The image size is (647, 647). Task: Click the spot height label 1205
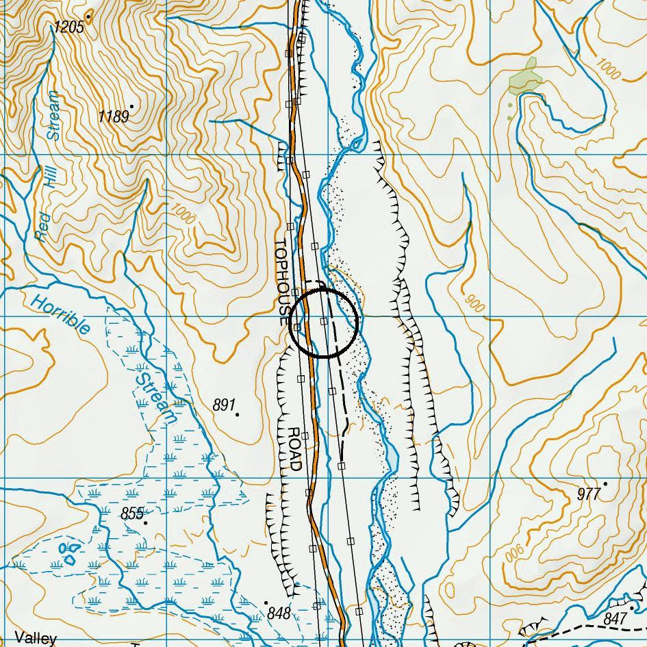69,27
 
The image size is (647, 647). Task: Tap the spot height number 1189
113,117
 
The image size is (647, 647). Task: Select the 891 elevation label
224,405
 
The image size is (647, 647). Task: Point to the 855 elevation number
132,513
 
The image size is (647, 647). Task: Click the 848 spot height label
279,613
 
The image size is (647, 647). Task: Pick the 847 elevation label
616,619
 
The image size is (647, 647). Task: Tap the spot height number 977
588,494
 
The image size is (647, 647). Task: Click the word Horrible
60,315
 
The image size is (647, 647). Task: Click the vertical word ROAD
294,449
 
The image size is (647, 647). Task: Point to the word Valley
36,638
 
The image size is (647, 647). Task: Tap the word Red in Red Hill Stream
42,227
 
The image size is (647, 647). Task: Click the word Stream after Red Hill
53,115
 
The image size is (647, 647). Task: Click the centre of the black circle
324,322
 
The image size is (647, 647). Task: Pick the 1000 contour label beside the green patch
608,66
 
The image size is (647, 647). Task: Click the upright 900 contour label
473,304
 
